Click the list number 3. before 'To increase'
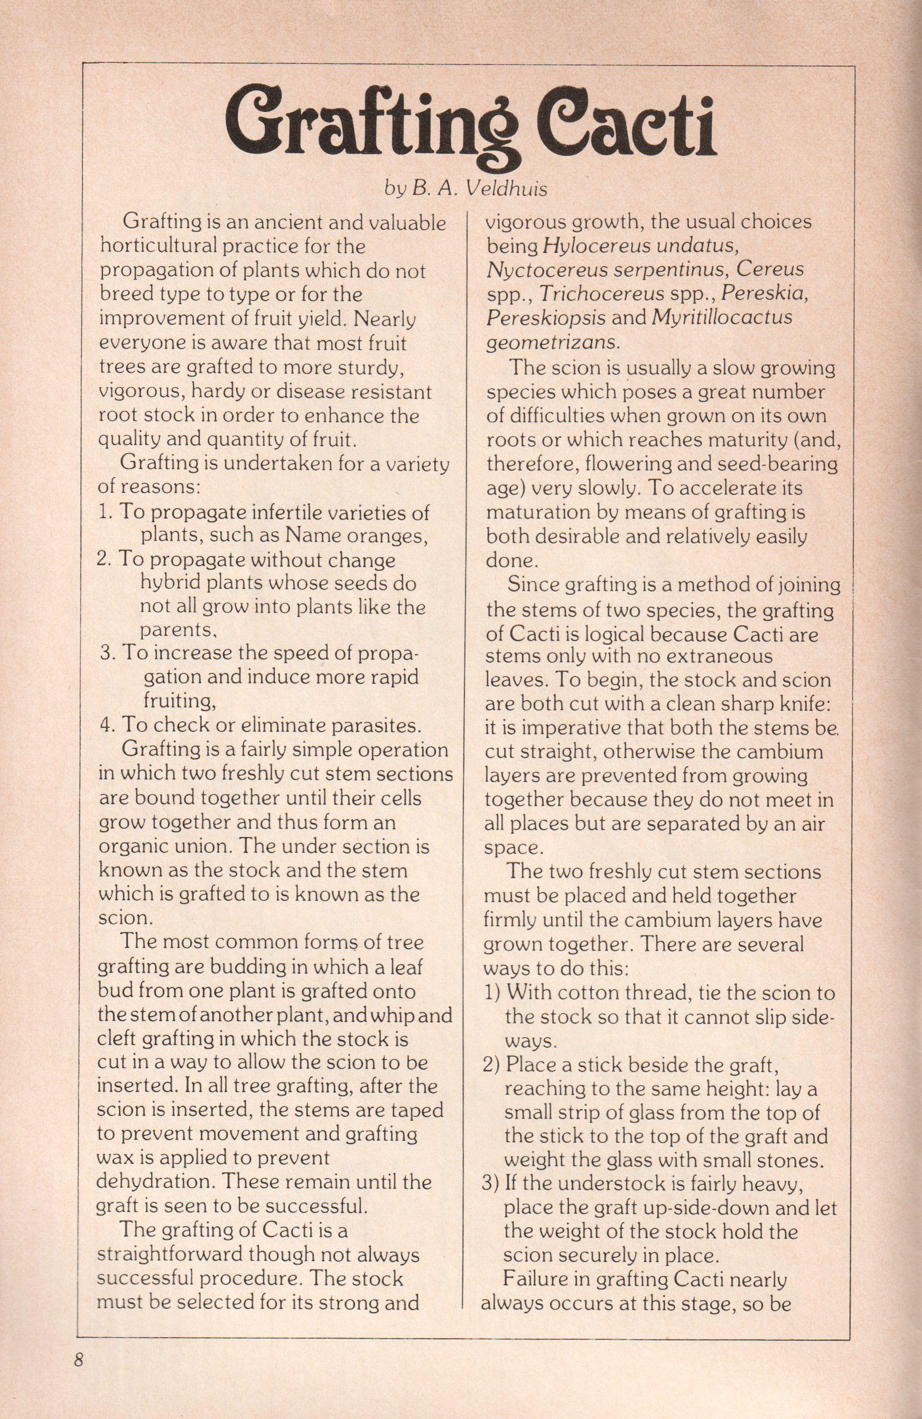(107, 653)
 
